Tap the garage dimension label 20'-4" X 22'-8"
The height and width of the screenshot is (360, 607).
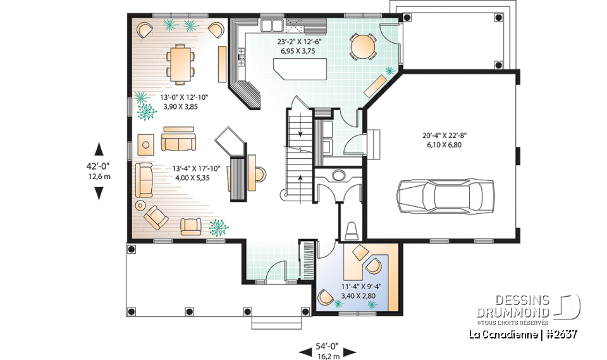point(445,135)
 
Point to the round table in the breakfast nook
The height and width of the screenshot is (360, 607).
point(363,46)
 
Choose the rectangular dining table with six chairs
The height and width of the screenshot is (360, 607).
point(181,63)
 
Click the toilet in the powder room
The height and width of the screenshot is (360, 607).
point(352,229)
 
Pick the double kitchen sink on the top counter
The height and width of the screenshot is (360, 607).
point(273,26)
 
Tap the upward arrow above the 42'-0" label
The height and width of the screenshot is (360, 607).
point(99,149)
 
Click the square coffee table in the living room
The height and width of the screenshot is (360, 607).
point(146,144)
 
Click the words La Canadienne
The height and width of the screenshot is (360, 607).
point(503,333)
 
